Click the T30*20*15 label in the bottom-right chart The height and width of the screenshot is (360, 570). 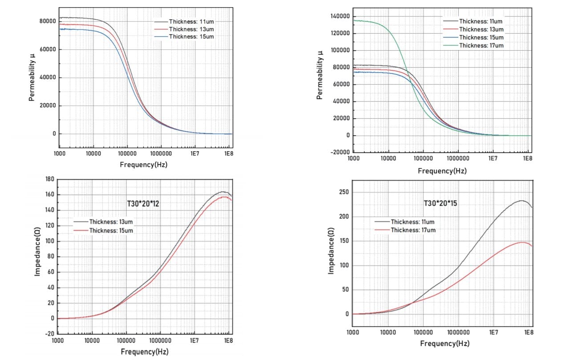coord(441,203)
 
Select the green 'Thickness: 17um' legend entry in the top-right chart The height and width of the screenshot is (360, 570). coord(481,45)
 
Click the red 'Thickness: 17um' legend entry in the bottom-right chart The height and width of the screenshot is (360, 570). coord(412,230)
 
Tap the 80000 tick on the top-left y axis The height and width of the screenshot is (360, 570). coord(48,21)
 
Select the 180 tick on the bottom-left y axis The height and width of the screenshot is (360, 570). coord(49,179)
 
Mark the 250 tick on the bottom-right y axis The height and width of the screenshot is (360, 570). coord(344,192)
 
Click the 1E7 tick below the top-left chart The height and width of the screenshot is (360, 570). coord(195,154)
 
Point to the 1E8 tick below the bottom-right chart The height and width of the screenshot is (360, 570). coord(528,332)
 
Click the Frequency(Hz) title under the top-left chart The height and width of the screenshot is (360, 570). coord(144,165)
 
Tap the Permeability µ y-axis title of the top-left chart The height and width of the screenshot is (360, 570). coord(32,77)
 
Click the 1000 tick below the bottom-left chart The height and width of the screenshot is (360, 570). coord(58,340)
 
